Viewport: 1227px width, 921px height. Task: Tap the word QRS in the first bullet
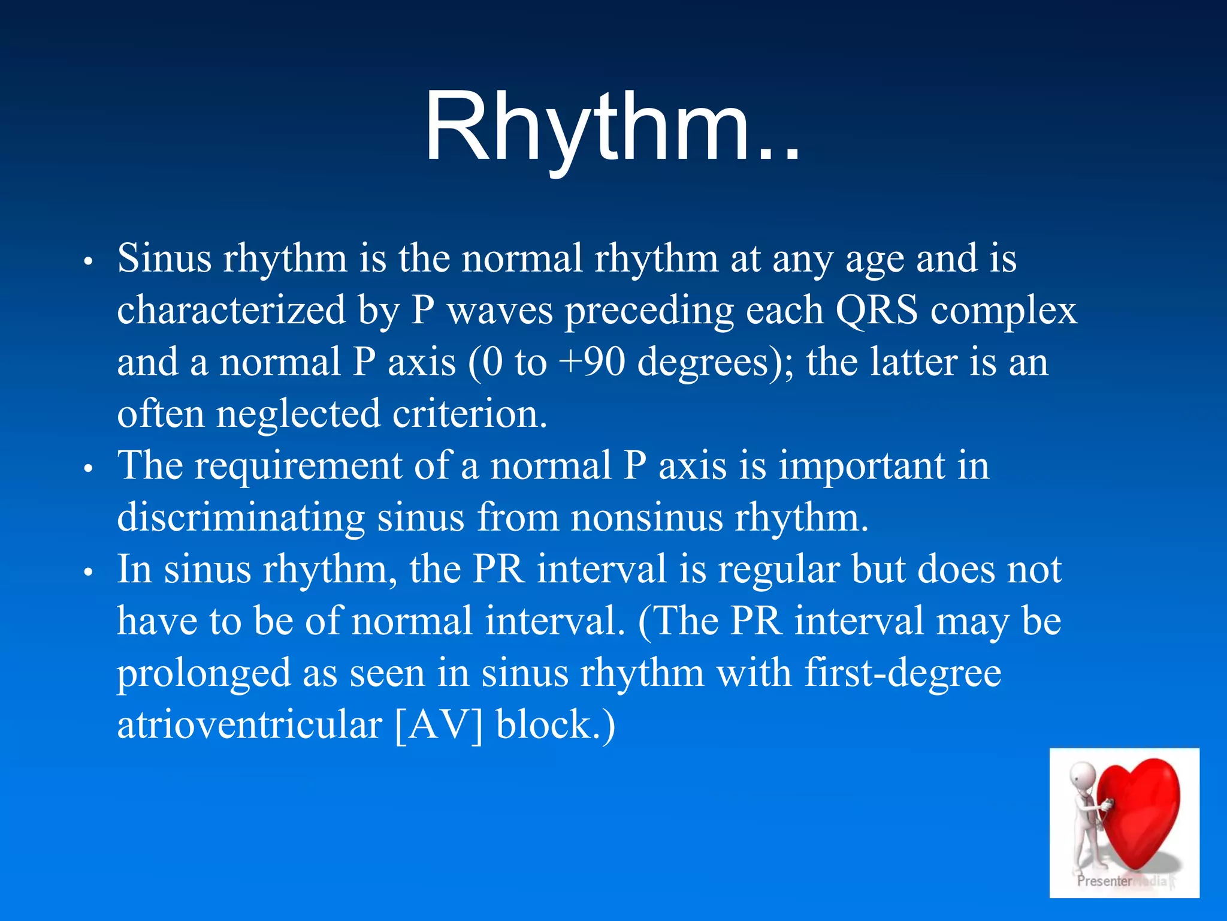pyautogui.click(x=876, y=311)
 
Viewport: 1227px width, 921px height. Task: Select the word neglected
pyautogui.click(x=298, y=414)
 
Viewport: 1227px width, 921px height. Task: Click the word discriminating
pyautogui.click(x=240, y=517)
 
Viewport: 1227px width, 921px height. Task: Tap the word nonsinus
pyautogui.click(x=646, y=517)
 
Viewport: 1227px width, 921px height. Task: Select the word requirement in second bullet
pyautogui.click(x=298, y=466)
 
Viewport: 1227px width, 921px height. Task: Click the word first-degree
pyautogui.click(x=902, y=673)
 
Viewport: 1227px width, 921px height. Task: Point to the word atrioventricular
pyautogui.click(x=249, y=724)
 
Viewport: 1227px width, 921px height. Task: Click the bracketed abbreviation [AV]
pyautogui.click(x=439, y=724)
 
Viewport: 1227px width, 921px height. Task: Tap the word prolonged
pyautogui.click(x=203, y=673)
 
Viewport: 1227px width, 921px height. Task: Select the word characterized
pyautogui.click(x=231, y=311)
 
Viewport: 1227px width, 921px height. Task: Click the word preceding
pyautogui.click(x=649, y=311)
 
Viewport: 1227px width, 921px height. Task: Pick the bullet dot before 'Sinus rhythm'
pyautogui.click(x=88, y=262)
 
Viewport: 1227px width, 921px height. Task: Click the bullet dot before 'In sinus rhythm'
pyautogui.click(x=88, y=573)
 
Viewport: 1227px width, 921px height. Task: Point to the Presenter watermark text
pyautogui.click(x=1104, y=881)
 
